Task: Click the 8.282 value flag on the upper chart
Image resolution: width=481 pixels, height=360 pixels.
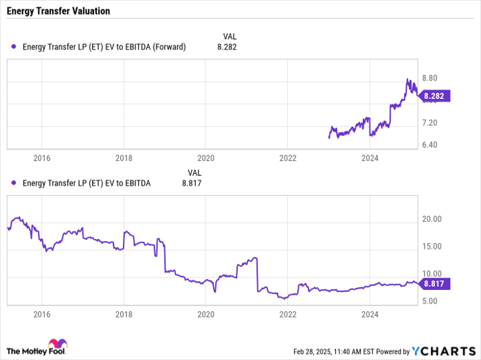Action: pyautogui.click(x=435, y=97)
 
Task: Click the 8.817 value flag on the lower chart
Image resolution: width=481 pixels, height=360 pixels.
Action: pyautogui.click(x=435, y=283)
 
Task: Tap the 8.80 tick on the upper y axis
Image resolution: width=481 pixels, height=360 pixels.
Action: pyautogui.click(x=432, y=79)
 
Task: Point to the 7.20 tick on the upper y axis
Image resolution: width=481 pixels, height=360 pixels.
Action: pyautogui.click(x=432, y=123)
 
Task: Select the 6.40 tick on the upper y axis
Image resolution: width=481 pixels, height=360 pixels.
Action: pyautogui.click(x=432, y=145)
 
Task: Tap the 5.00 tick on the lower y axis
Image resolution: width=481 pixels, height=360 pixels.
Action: pyautogui.click(x=432, y=301)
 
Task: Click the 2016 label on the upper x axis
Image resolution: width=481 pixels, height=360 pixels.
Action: pyautogui.click(x=41, y=157)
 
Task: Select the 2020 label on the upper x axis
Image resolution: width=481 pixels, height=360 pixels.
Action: pyautogui.click(x=205, y=157)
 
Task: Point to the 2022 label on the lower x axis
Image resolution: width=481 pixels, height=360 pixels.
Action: pyautogui.click(x=287, y=314)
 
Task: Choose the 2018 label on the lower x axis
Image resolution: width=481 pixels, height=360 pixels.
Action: pyautogui.click(x=124, y=314)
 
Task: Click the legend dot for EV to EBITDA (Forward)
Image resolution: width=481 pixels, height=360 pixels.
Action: pyautogui.click(x=14, y=47)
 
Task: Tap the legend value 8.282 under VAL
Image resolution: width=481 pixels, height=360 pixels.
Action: pyautogui.click(x=227, y=47)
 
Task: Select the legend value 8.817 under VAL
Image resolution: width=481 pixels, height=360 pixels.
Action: pyautogui.click(x=192, y=183)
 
